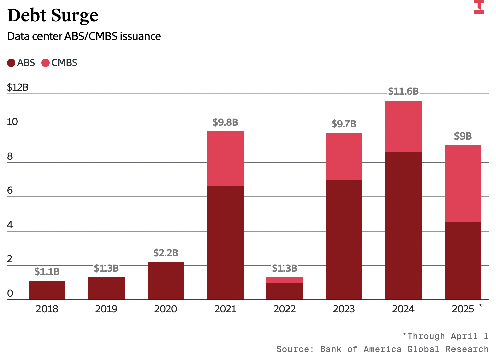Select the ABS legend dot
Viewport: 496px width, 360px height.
[11, 63]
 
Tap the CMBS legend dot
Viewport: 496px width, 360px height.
[45, 63]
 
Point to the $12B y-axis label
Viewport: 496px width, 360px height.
[18, 87]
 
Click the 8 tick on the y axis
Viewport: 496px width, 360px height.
[10, 156]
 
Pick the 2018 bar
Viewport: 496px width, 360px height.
[47, 290]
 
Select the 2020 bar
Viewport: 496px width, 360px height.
[166, 281]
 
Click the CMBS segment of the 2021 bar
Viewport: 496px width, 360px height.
[226, 159]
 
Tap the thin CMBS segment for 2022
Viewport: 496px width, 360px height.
[284, 280]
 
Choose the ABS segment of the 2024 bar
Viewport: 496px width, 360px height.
[403, 226]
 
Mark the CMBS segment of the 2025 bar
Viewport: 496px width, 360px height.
[463, 184]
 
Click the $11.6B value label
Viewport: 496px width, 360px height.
[403, 91]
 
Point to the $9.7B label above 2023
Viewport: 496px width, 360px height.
[344, 124]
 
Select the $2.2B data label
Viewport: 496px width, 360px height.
[166, 253]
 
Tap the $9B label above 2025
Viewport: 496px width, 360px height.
[463, 136]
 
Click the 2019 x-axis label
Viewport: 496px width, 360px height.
[106, 309]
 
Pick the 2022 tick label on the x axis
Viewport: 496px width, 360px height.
[284, 309]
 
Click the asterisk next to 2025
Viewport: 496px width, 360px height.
[481, 306]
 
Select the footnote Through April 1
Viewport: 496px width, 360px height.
[445, 336]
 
